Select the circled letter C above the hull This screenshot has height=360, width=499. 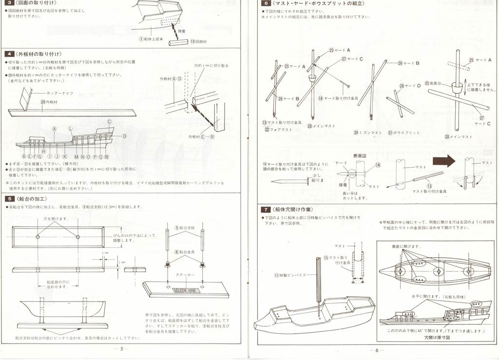coord(110,122)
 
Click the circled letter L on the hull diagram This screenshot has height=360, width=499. coord(71,128)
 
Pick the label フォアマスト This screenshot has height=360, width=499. coord(276,130)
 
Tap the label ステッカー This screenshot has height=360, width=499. coord(184,275)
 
